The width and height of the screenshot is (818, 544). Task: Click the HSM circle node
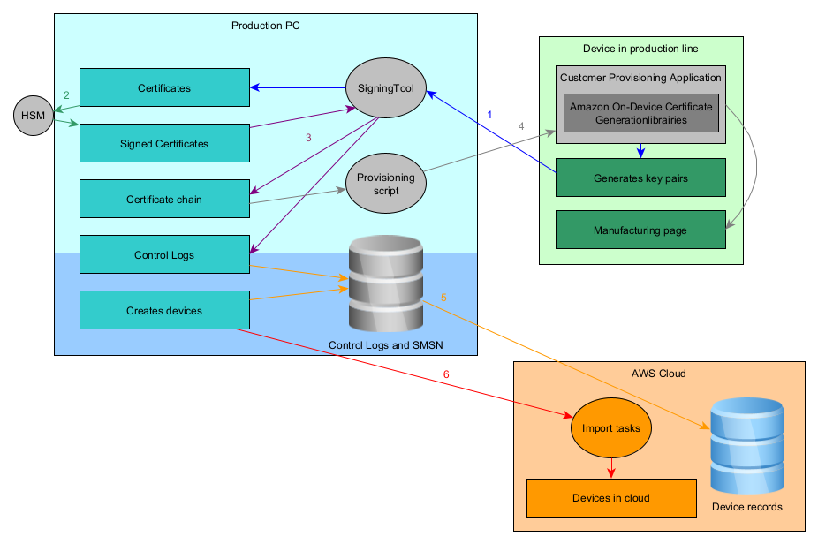[34, 116]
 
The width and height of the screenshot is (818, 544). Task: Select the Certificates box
[164, 87]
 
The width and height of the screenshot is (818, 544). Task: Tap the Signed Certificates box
[164, 143]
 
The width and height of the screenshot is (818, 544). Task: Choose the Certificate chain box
[164, 199]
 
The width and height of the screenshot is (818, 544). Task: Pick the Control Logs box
[164, 254]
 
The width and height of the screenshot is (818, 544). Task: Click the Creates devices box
[164, 310]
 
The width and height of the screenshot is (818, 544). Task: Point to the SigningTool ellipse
[385, 88]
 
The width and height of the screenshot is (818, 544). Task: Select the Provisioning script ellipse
[385, 185]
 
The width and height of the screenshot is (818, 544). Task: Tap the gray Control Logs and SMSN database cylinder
[384, 283]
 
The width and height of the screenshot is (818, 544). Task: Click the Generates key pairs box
[640, 178]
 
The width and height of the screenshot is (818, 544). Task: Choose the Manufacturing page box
[640, 230]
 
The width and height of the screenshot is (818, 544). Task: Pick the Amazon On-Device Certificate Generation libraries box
[640, 113]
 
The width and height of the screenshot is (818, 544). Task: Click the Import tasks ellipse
[611, 428]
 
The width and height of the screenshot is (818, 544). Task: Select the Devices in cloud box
[611, 498]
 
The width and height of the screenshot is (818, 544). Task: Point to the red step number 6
[446, 375]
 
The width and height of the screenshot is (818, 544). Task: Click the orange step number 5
[443, 298]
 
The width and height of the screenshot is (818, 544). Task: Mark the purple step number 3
[308, 138]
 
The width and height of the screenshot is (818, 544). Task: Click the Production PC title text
[265, 26]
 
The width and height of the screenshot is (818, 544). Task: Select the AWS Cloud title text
[659, 374]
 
